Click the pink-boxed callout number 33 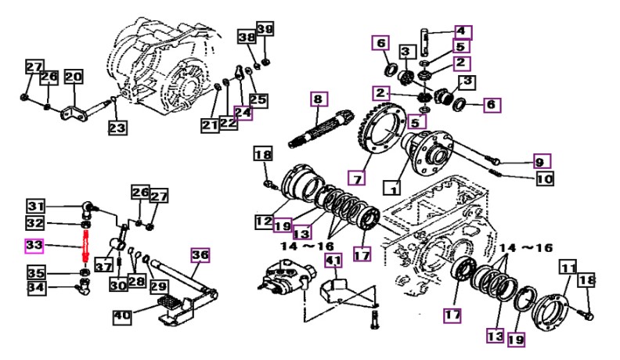(34, 246)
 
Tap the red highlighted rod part (85, 247)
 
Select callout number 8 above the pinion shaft (319, 99)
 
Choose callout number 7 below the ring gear (357, 178)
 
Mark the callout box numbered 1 (393, 188)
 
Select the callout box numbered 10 (545, 178)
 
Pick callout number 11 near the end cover (568, 268)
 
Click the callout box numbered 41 (334, 261)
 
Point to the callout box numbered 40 (122, 316)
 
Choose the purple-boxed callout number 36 (200, 255)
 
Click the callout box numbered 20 (74, 76)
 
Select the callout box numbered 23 (117, 128)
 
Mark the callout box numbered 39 (265, 29)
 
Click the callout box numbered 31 (36, 206)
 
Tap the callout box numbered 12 (264, 221)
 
